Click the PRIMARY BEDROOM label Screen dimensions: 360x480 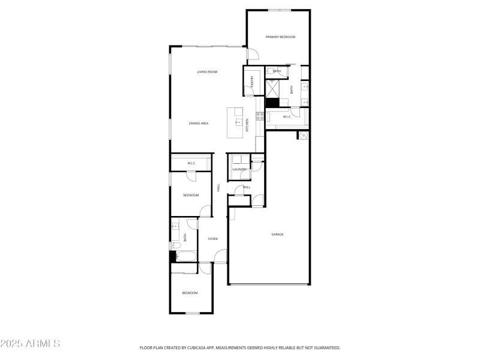[x=280, y=37]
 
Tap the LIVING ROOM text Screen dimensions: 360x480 [x=207, y=72]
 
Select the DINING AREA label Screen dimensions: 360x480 [x=199, y=124]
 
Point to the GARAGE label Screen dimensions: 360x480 [x=277, y=234]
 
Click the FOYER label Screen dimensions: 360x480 [x=213, y=239]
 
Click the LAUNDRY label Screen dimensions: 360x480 [x=240, y=170]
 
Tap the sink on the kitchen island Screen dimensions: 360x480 [x=238, y=121]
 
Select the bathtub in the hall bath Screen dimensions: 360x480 [x=185, y=257]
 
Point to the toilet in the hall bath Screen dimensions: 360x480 [x=174, y=245]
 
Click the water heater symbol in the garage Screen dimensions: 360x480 [x=303, y=136]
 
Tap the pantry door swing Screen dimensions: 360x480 [x=249, y=91]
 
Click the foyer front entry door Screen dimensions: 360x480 [x=220, y=258]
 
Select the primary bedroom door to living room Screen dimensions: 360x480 [x=253, y=55]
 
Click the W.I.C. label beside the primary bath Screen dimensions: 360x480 [x=287, y=116]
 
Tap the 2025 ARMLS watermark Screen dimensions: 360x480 [x=30, y=344]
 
